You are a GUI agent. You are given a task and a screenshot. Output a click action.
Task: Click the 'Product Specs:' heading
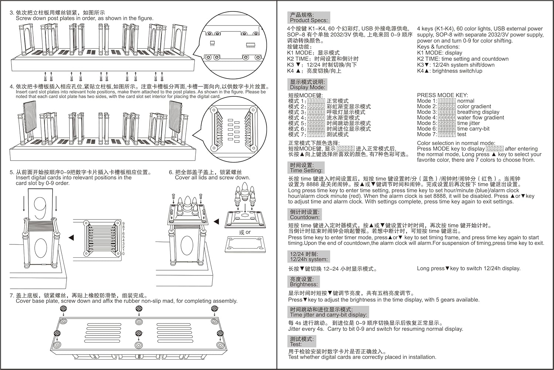pos(308,20)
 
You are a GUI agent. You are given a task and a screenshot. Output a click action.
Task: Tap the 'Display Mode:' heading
pos(308,88)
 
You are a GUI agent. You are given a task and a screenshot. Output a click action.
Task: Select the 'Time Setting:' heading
pos(306,171)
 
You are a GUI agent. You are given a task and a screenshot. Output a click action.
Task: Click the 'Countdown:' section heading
pos(305,217)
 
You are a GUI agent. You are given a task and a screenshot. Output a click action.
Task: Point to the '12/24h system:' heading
pos(308,259)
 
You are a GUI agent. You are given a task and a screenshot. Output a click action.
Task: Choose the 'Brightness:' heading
pos(304,285)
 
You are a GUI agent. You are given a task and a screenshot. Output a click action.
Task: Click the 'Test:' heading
pos(296,344)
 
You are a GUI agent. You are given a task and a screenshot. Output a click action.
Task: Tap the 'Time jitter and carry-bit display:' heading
pos(328,315)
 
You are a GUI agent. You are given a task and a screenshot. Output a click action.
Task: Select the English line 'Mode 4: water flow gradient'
pos(460,117)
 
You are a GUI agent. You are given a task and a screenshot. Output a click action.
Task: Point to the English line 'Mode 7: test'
pos(441,134)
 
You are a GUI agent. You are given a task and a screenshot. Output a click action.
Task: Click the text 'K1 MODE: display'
pos(440,53)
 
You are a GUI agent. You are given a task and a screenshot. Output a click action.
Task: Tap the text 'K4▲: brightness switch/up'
pos(449,71)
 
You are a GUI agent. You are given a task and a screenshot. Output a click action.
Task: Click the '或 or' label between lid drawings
pos(244,232)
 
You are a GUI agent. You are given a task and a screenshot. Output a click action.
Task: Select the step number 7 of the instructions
pos(11,296)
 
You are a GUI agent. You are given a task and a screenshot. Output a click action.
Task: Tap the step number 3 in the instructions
pos(11,13)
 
